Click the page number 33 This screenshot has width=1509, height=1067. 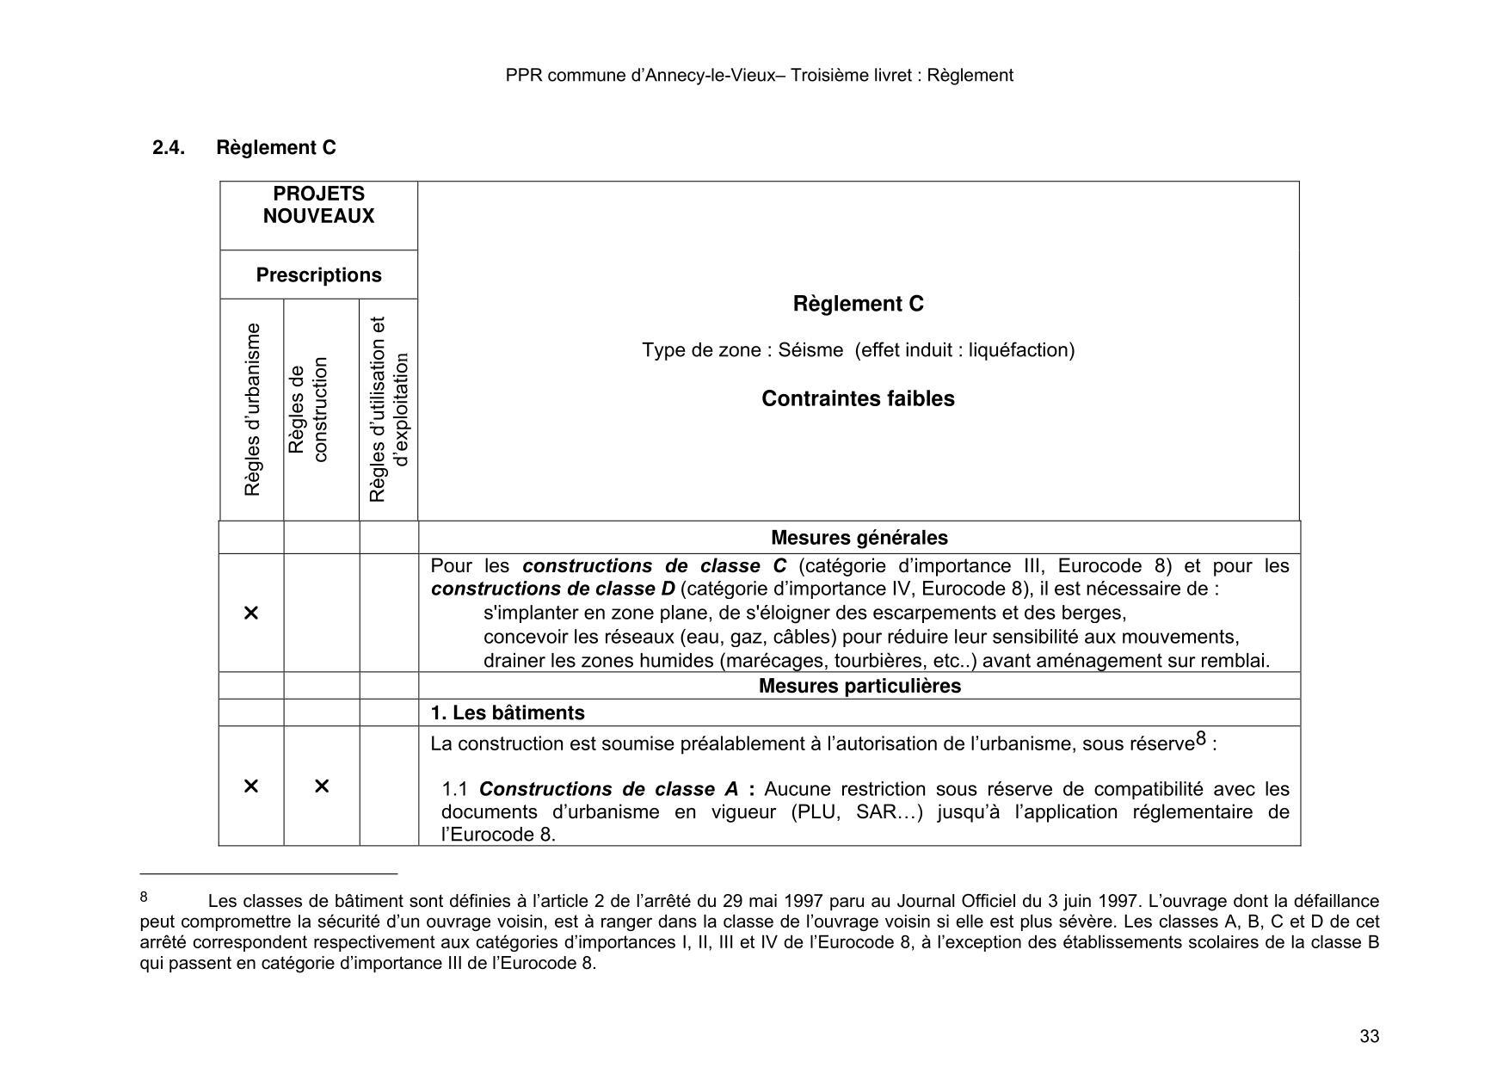1369,1036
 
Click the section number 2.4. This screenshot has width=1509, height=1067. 169,148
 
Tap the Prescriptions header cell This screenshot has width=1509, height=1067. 318,275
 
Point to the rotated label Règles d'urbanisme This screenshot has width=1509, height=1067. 252,410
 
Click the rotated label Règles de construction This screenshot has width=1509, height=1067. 308,410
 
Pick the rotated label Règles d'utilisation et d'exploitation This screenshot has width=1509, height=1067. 388,410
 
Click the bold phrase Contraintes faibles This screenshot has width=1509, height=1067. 858,399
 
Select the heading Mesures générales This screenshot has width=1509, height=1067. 859,538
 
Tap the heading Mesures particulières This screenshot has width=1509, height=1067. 859,686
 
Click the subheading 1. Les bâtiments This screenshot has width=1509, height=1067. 507,713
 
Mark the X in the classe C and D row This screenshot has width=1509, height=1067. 251,613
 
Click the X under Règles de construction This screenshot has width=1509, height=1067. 322,786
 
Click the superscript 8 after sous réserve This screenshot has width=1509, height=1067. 1201,739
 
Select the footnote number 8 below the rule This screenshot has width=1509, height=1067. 144,897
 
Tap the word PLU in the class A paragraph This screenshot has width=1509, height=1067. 818,812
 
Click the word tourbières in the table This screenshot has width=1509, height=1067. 851,661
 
